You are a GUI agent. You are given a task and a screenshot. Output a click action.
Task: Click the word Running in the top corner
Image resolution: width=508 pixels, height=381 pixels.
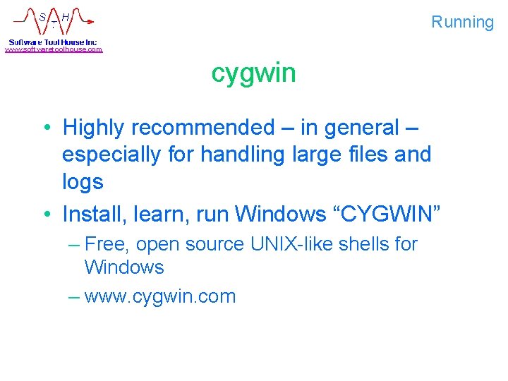462,22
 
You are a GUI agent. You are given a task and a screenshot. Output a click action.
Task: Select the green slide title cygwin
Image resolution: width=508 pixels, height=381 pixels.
253,73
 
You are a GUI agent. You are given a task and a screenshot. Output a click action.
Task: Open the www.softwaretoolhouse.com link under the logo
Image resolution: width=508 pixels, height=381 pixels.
54,49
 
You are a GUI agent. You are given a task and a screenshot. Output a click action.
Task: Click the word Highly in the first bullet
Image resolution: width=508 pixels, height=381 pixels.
94,128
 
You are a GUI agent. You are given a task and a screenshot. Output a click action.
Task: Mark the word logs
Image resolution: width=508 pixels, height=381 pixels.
83,182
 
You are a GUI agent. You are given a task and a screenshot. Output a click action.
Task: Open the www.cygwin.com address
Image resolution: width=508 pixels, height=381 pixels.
159,296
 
